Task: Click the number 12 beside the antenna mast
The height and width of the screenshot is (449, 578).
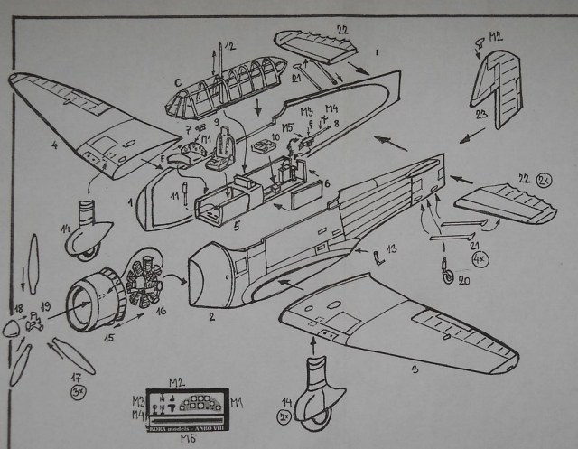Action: (229, 46)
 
